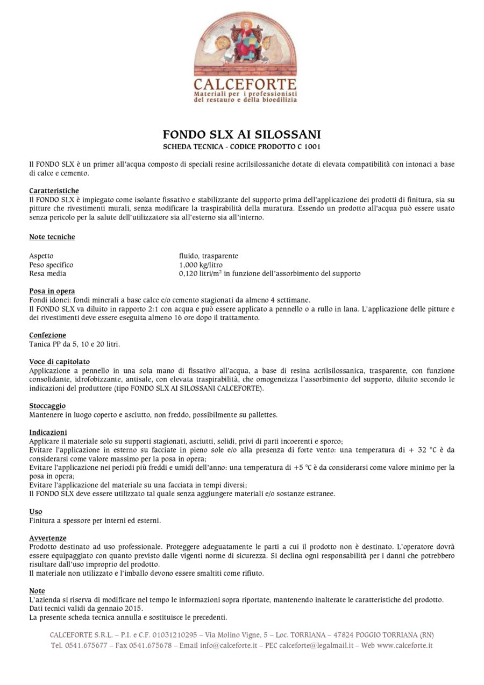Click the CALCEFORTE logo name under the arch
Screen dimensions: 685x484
[x=245, y=84]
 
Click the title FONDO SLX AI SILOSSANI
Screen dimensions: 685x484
[x=241, y=135]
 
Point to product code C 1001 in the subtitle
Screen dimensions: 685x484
[x=310, y=146]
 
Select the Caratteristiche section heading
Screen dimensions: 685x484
[x=54, y=190]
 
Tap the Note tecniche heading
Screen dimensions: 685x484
[x=52, y=237]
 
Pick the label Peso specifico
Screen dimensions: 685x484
[x=51, y=265]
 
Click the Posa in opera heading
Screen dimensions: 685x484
[x=52, y=291]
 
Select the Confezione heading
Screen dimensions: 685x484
[x=47, y=335]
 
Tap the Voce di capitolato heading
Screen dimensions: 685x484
[x=59, y=362]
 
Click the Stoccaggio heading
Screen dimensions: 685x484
[x=47, y=406]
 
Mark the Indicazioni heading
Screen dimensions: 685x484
[x=48, y=432]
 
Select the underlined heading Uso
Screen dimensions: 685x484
[x=35, y=511]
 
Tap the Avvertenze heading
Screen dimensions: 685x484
[x=48, y=538]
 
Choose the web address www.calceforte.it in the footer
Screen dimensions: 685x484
[x=404, y=645]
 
